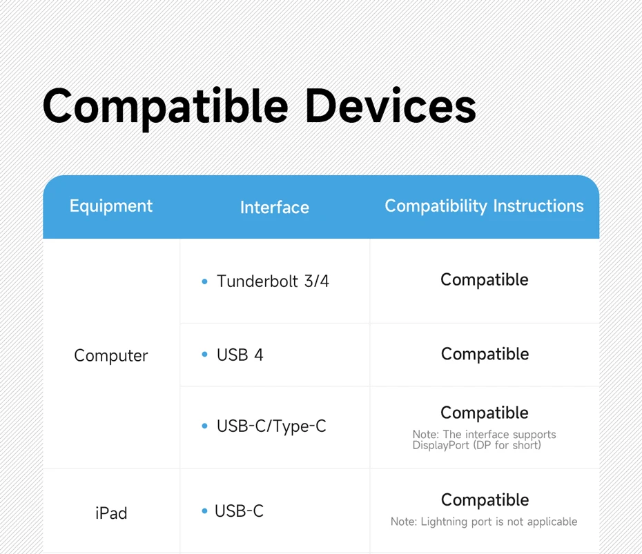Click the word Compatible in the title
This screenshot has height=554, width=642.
(x=166, y=107)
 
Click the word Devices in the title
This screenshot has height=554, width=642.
(x=391, y=105)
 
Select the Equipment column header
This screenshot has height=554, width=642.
(x=111, y=206)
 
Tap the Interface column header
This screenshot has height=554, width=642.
(x=274, y=207)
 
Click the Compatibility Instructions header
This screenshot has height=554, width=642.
(x=484, y=206)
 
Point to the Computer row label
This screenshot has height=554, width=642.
(x=111, y=355)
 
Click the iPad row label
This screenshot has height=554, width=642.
(x=111, y=513)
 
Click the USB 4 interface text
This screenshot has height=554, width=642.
(x=240, y=355)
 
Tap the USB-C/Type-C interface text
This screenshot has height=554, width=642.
(x=271, y=426)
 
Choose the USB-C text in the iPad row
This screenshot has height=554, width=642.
(x=239, y=511)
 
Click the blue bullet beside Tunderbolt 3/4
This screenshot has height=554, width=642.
(x=205, y=281)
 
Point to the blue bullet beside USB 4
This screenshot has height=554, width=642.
(x=205, y=355)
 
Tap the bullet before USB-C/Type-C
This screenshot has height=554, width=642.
(x=205, y=426)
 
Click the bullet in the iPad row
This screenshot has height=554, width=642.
(x=205, y=511)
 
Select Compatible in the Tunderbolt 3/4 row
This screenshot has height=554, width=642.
(x=485, y=280)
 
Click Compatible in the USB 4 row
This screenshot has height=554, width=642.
(x=485, y=355)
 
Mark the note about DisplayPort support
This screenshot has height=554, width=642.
(x=484, y=440)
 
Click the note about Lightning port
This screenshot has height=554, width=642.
(x=484, y=522)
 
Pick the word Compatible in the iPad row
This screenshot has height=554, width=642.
(x=485, y=500)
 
